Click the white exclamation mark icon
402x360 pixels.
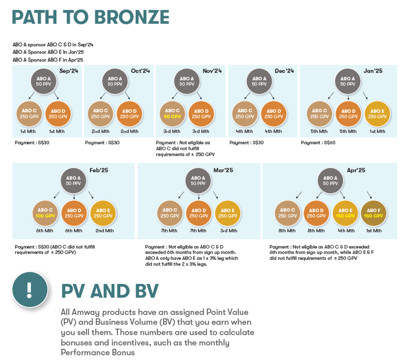(x=29, y=290)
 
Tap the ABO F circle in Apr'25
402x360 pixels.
(x=373, y=213)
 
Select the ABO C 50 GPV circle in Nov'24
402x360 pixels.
(x=172, y=114)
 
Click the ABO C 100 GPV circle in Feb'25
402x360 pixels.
(x=45, y=213)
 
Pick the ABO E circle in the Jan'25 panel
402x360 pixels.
(x=377, y=114)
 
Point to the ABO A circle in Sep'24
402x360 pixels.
(x=44, y=81)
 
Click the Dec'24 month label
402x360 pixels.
(x=284, y=71)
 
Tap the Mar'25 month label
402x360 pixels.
(x=223, y=170)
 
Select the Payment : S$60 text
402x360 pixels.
(x=318, y=143)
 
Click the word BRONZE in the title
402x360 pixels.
(x=132, y=17)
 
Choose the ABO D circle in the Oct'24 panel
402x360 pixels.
(x=129, y=114)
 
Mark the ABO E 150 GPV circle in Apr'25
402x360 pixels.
(x=345, y=213)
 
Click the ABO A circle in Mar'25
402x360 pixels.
(x=198, y=181)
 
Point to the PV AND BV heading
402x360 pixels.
(x=110, y=291)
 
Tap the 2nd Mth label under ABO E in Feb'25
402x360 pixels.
(x=105, y=231)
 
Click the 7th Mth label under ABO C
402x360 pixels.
(x=169, y=231)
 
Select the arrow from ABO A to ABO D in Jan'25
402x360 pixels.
(x=348, y=98)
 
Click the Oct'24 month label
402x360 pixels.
(x=141, y=71)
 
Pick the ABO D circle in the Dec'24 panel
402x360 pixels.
(x=274, y=114)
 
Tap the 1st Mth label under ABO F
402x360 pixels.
(x=374, y=231)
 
